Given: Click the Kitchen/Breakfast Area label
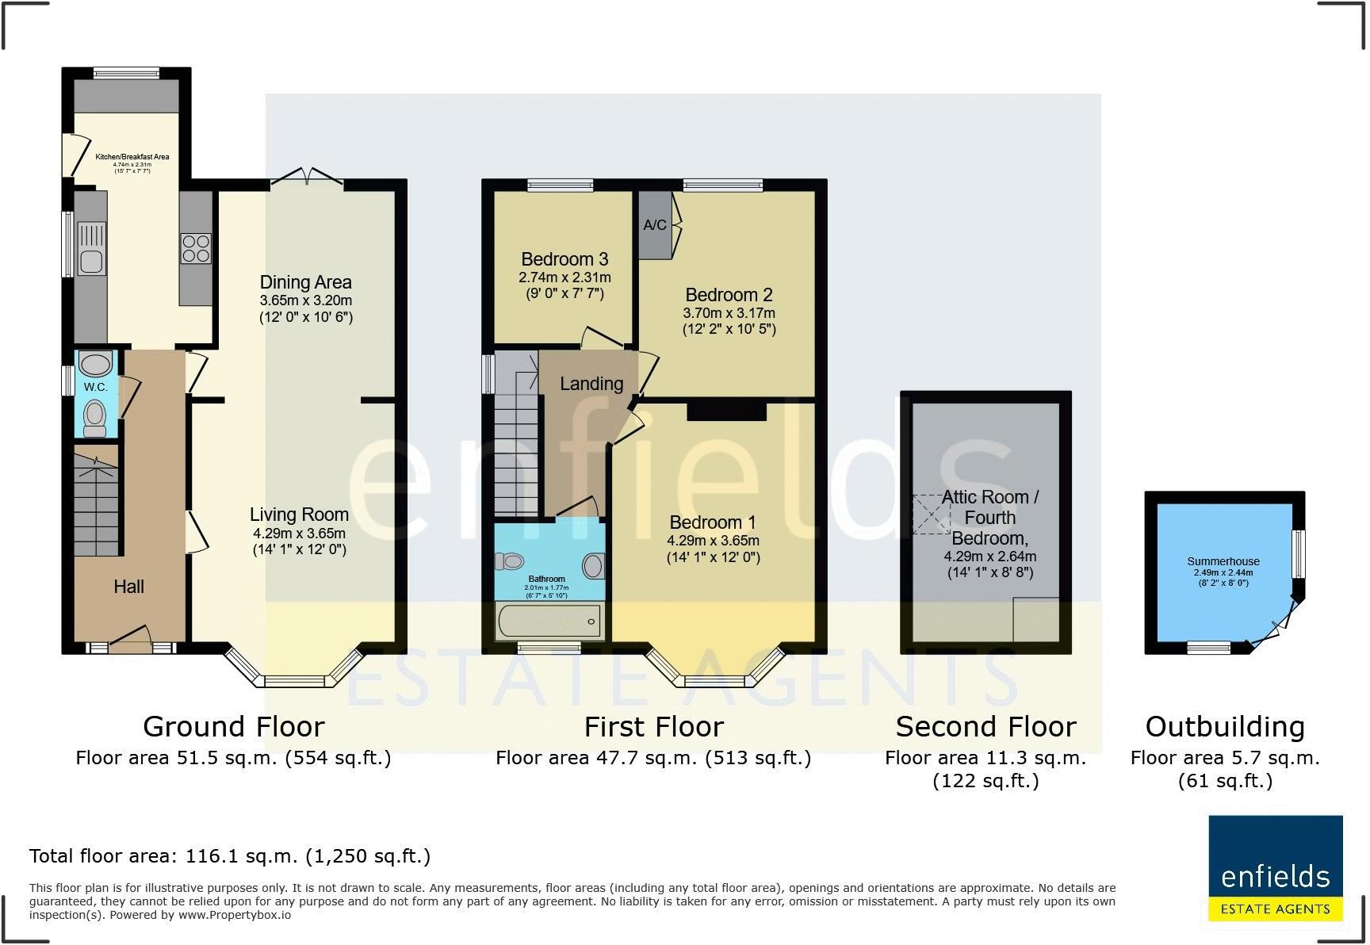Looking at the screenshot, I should pos(132,157).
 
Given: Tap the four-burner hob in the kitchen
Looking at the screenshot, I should pos(196,248).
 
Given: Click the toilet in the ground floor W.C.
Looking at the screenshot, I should pos(95,416).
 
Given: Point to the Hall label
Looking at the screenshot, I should pos(128,587).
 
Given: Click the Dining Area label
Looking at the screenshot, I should pos(305,282).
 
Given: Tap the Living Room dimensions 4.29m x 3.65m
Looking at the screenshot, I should pos(299,534).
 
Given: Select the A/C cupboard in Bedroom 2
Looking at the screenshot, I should pos(655,225).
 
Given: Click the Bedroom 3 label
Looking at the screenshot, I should pos(564,259).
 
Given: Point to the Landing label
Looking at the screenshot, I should pos(591,384).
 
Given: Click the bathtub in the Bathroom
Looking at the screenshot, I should pos(549,621).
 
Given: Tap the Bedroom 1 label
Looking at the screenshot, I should pos(713,522).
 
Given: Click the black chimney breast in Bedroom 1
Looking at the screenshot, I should pos(726,411).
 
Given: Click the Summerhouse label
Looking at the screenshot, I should pos(1223,561).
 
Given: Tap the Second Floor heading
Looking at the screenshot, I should pos(985,726).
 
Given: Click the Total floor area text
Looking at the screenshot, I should pos(230,856).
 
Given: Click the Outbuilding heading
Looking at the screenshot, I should pos(1225,726).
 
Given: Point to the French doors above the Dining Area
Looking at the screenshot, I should pos(308,178).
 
